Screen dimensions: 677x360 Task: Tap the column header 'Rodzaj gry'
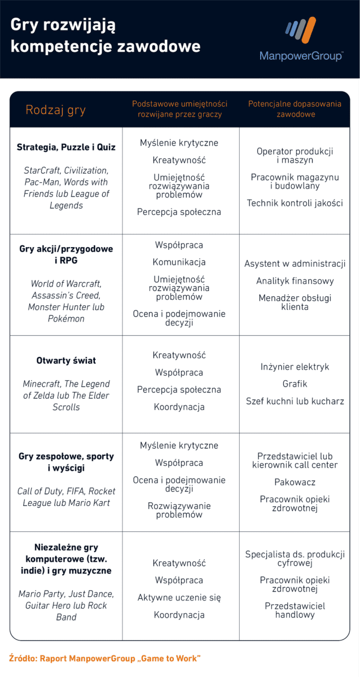pyautogui.click(x=55, y=110)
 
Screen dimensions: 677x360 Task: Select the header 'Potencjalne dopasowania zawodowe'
pyautogui.click(x=295, y=109)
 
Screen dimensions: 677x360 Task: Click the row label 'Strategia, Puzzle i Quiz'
pyautogui.click(x=66, y=147)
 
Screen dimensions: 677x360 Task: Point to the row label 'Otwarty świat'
pyautogui.click(x=66, y=361)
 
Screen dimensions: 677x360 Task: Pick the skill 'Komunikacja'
pyautogui.click(x=179, y=262)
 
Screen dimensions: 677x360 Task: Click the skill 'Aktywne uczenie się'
pyautogui.click(x=179, y=597)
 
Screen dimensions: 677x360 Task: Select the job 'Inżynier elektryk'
pyautogui.click(x=295, y=367)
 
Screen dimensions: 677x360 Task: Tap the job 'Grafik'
pyautogui.click(x=295, y=384)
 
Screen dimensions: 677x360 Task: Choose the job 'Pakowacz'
pyautogui.click(x=295, y=482)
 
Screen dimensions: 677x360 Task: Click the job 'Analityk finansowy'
pyautogui.click(x=295, y=281)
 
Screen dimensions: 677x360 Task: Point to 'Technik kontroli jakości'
pyautogui.click(x=295, y=203)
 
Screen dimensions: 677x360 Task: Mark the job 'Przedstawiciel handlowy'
pyautogui.click(x=295, y=610)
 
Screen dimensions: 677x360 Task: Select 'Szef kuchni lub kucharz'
pyautogui.click(x=295, y=402)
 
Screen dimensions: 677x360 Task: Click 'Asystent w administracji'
pyautogui.click(x=295, y=264)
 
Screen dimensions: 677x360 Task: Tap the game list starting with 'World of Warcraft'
pyautogui.click(x=66, y=301)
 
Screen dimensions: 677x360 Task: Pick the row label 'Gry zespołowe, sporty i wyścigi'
pyautogui.click(x=66, y=462)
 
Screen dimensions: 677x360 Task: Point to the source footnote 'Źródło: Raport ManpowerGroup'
pyautogui.click(x=105, y=658)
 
